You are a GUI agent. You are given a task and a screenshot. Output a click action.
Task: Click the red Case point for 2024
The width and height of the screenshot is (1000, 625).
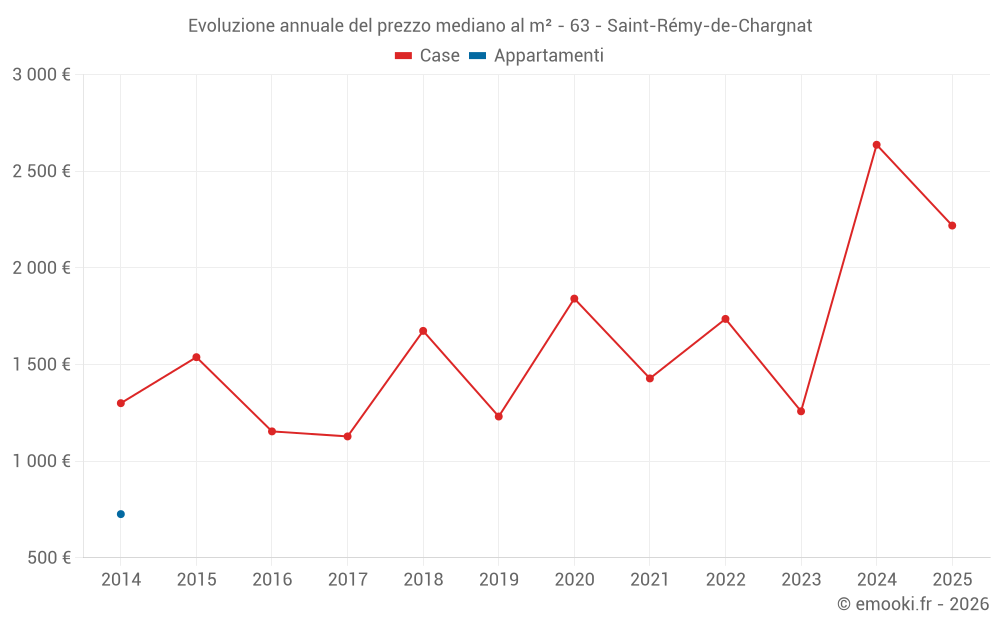(876, 145)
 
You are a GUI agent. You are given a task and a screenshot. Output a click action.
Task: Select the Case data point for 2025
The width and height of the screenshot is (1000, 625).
(952, 226)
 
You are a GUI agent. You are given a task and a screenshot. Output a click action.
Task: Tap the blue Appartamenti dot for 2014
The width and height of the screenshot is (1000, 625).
(121, 514)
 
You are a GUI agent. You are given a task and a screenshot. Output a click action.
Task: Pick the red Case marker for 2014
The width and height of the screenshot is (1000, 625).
(121, 403)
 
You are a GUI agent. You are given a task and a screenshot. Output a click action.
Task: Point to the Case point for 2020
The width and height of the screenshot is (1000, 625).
(574, 299)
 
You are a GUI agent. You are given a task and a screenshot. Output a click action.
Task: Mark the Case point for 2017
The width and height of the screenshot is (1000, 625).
(347, 436)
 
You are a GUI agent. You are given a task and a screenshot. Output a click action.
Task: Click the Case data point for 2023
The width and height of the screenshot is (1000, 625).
(801, 411)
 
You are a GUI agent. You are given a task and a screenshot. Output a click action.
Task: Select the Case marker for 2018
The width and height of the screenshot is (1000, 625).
(423, 331)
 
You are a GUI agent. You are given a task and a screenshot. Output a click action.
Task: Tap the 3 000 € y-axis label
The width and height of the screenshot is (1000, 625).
(41, 75)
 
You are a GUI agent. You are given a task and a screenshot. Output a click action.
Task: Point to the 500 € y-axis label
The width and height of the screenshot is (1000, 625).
(48, 558)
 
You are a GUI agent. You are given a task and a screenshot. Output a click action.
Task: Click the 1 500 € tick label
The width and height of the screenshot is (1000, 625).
(41, 365)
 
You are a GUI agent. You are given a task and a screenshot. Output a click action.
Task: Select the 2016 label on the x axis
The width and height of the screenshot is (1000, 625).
(272, 580)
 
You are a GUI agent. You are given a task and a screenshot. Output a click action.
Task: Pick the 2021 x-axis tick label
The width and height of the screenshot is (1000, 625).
(650, 580)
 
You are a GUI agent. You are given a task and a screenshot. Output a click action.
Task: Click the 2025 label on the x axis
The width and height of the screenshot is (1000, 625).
(952, 580)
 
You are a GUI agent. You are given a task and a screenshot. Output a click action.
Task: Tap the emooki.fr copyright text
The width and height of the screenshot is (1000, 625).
(912, 604)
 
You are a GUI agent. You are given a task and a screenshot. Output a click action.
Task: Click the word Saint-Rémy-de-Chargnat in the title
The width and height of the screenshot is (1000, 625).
(710, 26)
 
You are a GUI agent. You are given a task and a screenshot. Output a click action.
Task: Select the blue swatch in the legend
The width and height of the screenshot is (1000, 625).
(478, 56)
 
